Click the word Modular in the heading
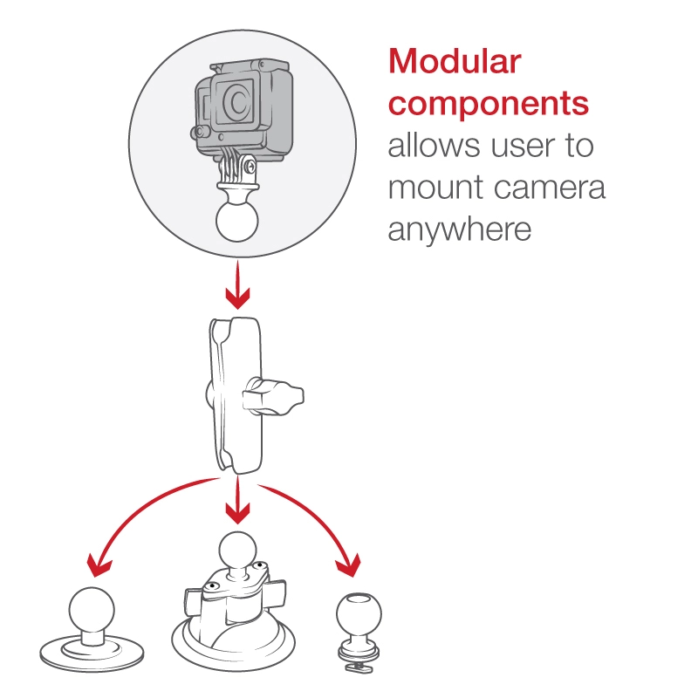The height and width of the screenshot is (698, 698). click(x=455, y=61)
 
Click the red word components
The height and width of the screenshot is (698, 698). click(x=489, y=105)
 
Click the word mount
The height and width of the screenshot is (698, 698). click(x=435, y=188)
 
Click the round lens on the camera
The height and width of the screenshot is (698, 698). click(x=236, y=102)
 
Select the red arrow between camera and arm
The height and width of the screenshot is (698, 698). click(x=237, y=285)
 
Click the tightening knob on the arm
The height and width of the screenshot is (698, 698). click(x=273, y=396)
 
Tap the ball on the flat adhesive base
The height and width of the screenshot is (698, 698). click(x=92, y=611)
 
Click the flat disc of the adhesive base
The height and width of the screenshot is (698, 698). click(x=92, y=654)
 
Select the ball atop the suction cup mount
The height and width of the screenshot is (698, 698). click(x=237, y=551)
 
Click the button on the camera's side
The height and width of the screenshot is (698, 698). click(x=200, y=133)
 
